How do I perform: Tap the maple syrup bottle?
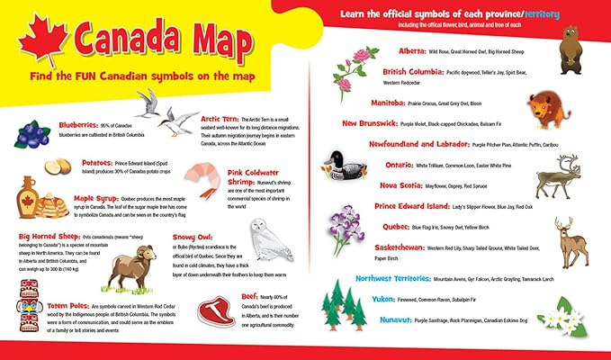29,195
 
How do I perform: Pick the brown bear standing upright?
569,49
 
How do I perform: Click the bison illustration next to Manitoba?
545,109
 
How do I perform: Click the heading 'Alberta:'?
412,52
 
